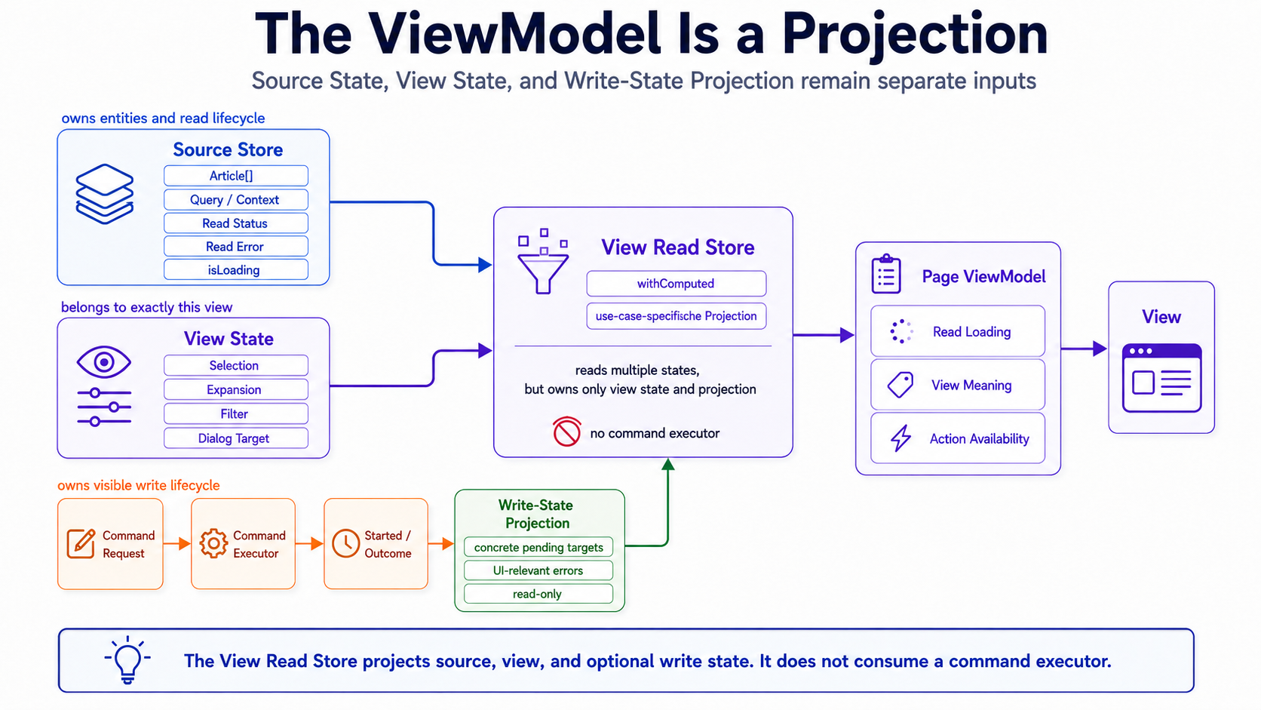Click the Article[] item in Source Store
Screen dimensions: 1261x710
tap(236, 176)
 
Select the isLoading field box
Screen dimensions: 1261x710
tap(236, 269)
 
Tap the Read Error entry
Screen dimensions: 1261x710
tap(236, 247)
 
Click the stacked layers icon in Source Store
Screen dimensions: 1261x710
tap(105, 194)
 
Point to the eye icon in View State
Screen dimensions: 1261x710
tap(104, 361)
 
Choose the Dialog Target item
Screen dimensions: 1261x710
tap(236, 438)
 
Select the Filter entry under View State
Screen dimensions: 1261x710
tap(236, 413)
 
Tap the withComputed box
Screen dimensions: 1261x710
tap(676, 283)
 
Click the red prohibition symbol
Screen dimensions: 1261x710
tap(566, 432)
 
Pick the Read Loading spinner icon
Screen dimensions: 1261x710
tap(901, 332)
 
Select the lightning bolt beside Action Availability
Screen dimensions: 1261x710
tap(900, 438)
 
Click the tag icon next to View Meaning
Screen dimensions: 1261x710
tap(900, 385)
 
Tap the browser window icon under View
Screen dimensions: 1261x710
tap(1161, 378)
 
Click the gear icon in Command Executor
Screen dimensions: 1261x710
tap(213, 543)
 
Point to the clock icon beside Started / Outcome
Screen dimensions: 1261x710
tap(345, 543)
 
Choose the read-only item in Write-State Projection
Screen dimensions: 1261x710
tap(538, 594)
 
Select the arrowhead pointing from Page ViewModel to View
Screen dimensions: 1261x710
tap(1100, 349)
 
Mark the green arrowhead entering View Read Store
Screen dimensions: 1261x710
tap(668, 465)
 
